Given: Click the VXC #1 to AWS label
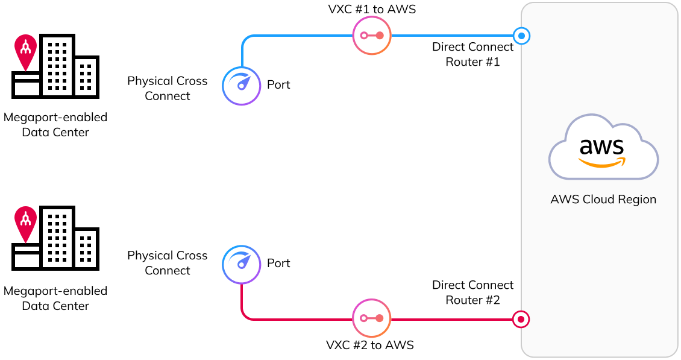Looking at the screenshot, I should [371, 9].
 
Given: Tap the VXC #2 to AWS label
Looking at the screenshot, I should [370, 346].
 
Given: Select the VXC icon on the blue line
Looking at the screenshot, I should [371, 36].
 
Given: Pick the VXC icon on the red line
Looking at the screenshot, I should [371, 318].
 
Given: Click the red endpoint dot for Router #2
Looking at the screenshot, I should [521, 319].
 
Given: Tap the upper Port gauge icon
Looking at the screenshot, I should [242, 86].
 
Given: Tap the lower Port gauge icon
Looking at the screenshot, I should [242, 264].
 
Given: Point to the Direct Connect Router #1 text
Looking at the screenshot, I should [472, 54].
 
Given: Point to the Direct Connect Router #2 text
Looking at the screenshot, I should [472, 292].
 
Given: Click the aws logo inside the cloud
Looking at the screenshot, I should [603, 151].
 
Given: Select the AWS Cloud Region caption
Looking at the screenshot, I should [603, 200].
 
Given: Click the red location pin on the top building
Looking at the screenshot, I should [25, 51].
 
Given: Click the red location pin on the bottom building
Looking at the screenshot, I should [25, 224].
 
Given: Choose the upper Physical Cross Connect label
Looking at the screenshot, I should [167, 89].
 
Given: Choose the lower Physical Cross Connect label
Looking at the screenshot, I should [167, 263].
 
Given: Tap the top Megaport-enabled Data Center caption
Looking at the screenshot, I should [55, 125].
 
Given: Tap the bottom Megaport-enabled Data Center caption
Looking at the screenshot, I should [55, 298].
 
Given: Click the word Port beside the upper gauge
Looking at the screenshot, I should [278, 85].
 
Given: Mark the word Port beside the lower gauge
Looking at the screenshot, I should [278, 264].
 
